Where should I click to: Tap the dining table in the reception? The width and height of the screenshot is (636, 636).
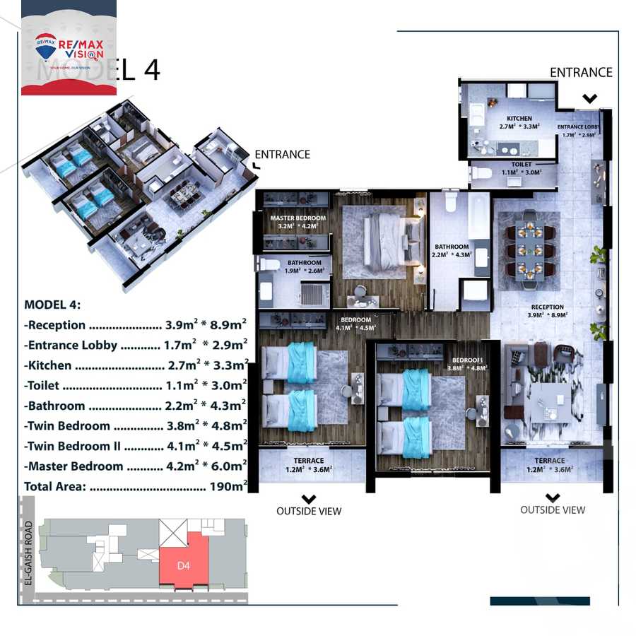click(x=529, y=251)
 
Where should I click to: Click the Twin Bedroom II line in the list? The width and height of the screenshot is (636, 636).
click(x=135, y=447)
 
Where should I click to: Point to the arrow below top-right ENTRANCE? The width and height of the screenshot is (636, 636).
click(x=589, y=99)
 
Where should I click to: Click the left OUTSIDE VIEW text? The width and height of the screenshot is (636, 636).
click(x=309, y=511)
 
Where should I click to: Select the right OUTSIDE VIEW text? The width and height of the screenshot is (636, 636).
click(x=553, y=510)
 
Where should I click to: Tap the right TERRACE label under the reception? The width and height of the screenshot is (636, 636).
click(x=549, y=460)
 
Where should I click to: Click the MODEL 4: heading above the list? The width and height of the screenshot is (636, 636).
click(x=52, y=305)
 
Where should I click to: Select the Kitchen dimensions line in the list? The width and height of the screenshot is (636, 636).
click(x=135, y=365)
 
